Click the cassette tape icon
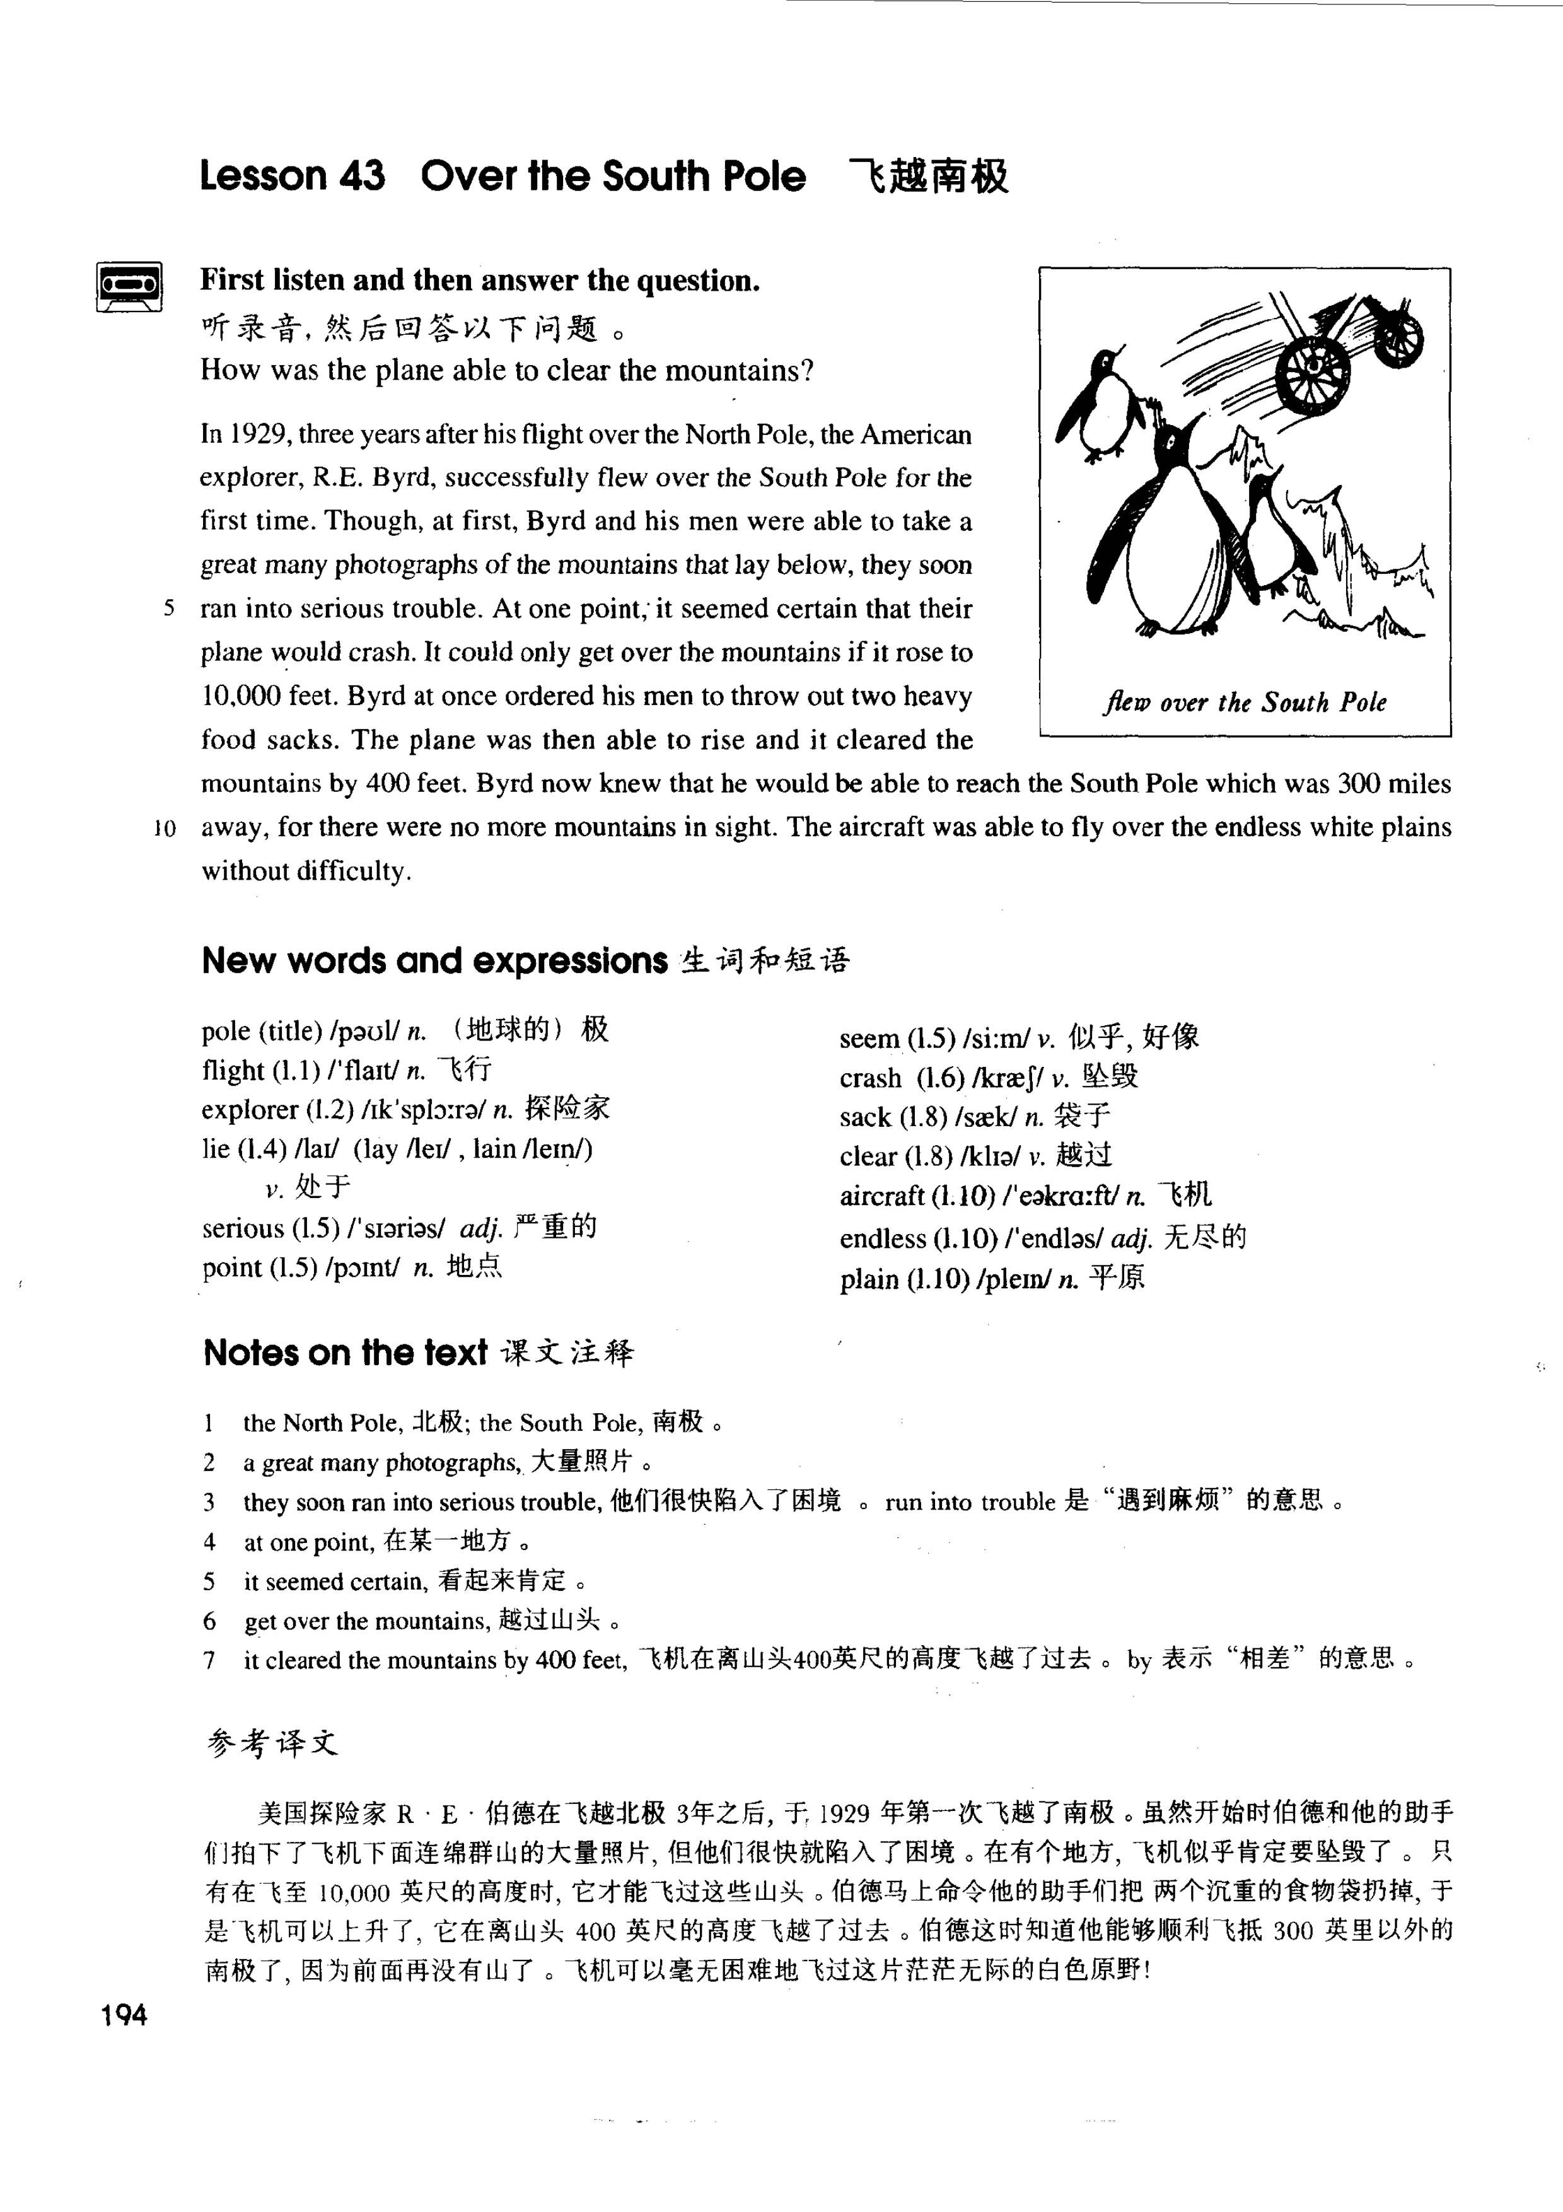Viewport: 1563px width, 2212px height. click(130, 286)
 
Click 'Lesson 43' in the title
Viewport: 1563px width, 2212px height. click(292, 177)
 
